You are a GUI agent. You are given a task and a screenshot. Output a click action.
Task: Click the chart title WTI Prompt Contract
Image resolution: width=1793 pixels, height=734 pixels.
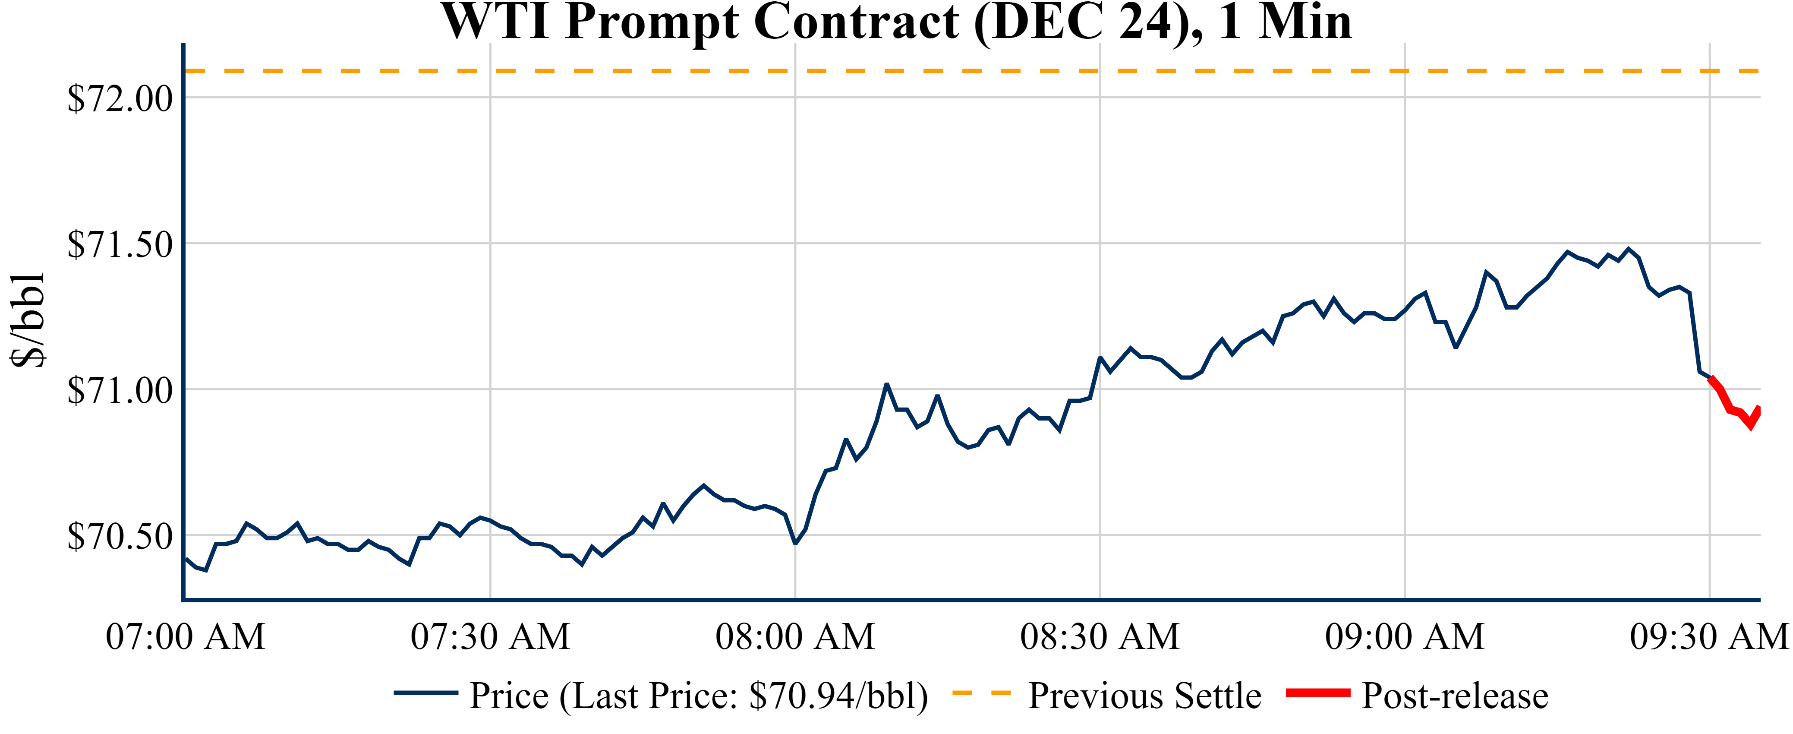point(897,22)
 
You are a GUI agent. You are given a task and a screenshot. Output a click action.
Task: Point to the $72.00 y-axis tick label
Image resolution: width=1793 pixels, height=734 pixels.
point(120,99)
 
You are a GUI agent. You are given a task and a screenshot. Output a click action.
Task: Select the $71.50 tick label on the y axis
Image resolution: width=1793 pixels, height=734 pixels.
point(120,245)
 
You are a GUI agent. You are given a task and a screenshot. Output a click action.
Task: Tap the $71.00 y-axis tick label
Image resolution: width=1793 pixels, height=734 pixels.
point(120,391)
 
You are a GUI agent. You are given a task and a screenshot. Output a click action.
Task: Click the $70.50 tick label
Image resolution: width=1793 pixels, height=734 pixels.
point(120,537)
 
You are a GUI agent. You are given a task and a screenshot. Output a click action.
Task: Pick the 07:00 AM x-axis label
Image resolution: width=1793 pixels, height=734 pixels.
point(185,636)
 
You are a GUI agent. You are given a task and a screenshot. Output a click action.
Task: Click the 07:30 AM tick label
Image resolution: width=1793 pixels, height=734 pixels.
point(490,636)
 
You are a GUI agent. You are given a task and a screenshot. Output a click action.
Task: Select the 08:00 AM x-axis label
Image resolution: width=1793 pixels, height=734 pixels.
point(795,636)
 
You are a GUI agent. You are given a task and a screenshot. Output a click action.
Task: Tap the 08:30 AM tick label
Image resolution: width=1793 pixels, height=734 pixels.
point(1100,636)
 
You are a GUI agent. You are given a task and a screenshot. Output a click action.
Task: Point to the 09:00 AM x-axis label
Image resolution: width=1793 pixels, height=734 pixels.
point(1405,636)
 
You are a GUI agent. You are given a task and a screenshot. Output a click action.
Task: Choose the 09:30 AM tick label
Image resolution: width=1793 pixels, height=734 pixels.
point(1709,636)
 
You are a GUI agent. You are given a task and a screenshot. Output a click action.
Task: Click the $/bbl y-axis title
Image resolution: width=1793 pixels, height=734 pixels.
point(28,320)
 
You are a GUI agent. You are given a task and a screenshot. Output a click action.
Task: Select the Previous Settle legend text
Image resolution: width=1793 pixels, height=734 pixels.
point(1144,696)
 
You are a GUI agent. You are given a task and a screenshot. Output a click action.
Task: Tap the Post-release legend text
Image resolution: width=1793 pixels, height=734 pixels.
point(1455,696)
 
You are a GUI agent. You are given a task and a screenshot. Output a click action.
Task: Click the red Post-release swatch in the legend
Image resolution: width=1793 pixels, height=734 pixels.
point(1317,693)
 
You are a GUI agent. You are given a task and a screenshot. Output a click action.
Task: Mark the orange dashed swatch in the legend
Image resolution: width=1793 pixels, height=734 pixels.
point(981,693)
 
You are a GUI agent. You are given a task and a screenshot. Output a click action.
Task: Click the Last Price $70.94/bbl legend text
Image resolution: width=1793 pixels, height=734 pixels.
point(699,696)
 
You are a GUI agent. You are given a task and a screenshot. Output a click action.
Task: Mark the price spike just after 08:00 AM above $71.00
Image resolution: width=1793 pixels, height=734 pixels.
point(886,384)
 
